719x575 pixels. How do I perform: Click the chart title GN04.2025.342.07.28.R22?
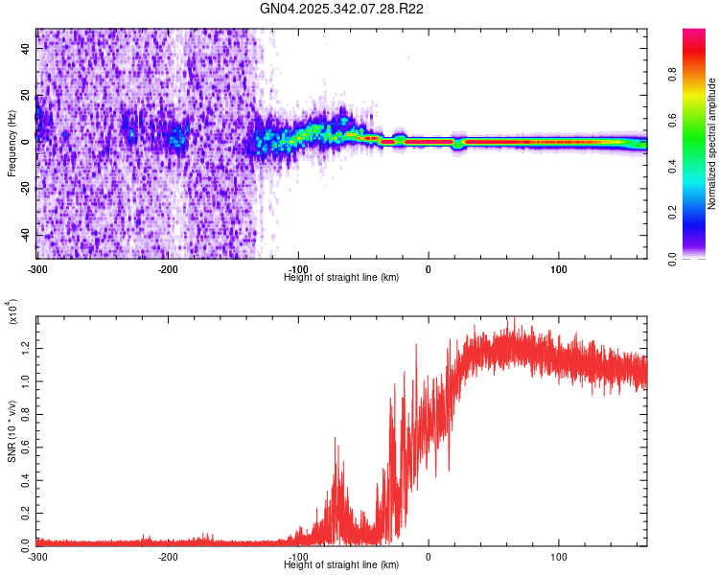pos(342,9)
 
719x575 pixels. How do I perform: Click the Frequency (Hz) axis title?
pos(12,144)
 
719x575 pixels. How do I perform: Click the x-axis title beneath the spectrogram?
pos(342,277)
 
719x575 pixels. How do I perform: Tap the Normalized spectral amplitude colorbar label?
pos(712,144)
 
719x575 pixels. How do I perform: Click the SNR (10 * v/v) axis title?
pos(12,422)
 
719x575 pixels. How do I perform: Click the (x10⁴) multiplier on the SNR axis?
pos(12,312)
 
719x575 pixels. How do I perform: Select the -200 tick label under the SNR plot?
pos(168,556)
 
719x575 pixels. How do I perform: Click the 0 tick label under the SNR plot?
pos(429,556)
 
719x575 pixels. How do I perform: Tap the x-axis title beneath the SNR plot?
pos(342,565)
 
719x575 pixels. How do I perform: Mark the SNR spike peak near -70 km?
pos(335,439)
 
